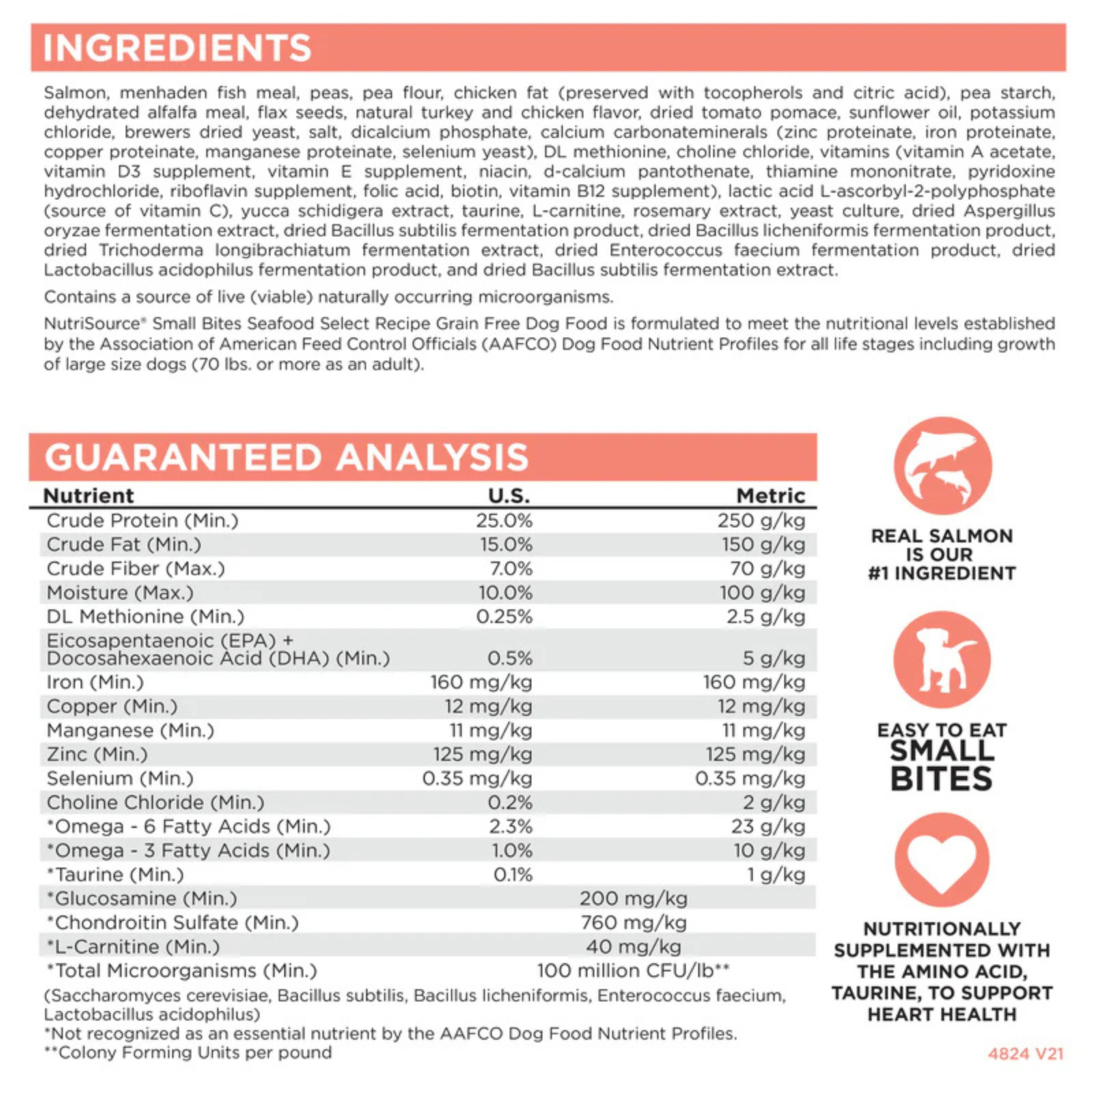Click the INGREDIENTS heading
[x=177, y=48]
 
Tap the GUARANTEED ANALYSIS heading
[x=287, y=457]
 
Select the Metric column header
[x=771, y=495]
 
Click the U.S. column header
[x=509, y=495]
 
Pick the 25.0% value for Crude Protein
[x=504, y=521]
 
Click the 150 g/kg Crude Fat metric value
[x=764, y=544]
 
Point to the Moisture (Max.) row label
[x=120, y=592]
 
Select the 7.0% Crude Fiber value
[x=510, y=568]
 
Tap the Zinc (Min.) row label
[x=97, y=754]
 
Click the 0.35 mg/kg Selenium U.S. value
[x=477, y=778]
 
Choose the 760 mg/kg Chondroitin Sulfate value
[x=633, y=922]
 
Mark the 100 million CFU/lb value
[x=633, y=970]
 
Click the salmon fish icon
[x=942, y=466]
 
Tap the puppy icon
[x=942, y=660]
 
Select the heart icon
[x=942, y=859]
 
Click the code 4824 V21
[x=1025, y=1053]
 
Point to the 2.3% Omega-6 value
[x=510, y=826]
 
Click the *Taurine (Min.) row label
[x=115, y=874]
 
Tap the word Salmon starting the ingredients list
[x=75, y=93]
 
